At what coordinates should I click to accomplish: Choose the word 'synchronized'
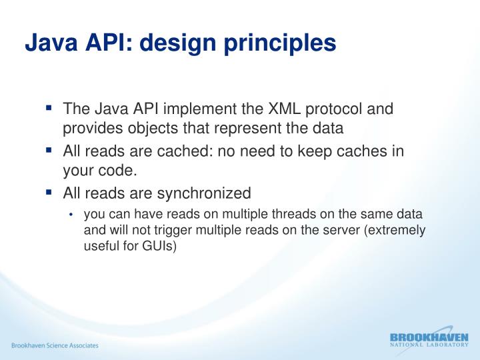204,194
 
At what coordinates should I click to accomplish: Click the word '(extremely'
395,230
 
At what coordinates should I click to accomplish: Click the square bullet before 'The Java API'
49,107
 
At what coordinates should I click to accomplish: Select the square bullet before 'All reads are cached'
49,149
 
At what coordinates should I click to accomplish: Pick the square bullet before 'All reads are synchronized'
49,192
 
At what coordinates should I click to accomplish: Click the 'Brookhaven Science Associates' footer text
54,345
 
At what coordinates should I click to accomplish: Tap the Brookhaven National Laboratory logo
429,340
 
